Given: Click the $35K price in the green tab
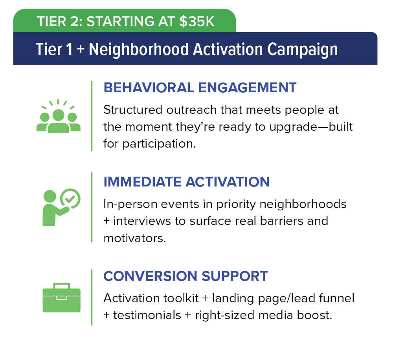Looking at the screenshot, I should click(x=197, y=21).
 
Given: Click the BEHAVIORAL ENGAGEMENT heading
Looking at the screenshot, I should click(x=200, y=88).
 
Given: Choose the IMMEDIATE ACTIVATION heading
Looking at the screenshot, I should click(x=186, y=181).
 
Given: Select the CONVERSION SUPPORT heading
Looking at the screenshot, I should click(x=185, y=276).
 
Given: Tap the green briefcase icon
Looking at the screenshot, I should click(x=61, y=298).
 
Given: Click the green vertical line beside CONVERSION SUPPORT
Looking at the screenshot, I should click(x=92, y=297).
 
